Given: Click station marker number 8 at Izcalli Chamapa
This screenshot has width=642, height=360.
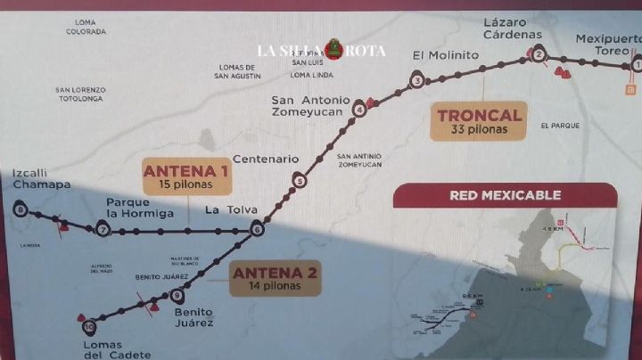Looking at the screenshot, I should click(21, 211).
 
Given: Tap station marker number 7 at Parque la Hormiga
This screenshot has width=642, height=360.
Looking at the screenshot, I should click(103, 230).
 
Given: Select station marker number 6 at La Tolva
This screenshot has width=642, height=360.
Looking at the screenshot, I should click(257, 230).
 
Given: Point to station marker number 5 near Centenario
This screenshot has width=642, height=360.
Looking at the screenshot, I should click(299, 182).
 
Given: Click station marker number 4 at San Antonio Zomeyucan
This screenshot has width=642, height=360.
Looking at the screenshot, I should click(359, 110).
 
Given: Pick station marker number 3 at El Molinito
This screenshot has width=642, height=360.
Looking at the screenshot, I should click(416, 82).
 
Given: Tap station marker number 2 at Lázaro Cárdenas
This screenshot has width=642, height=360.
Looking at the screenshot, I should click(539, 55).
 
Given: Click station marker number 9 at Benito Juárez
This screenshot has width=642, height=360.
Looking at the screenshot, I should click(177, 296).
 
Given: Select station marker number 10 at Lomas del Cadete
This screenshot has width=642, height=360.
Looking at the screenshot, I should click(88, 325).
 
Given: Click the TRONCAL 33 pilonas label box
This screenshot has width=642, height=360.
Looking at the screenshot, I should click(479, 121).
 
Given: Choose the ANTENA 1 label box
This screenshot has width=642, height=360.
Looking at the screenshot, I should click(187, 177).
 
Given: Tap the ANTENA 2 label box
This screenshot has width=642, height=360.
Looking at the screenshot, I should click(276, 278).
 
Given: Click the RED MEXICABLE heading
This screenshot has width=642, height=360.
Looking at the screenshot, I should click(505, 195).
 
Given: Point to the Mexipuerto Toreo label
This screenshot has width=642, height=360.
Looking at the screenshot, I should click(607, 45).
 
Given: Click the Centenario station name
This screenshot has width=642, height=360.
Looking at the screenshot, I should click(265, 159).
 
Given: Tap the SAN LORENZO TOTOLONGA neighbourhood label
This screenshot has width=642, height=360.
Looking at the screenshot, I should click(80, 94).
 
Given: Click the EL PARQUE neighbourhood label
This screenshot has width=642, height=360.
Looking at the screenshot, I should click(560, 126).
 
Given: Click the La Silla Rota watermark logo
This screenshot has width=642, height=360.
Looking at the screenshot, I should click(321, 50).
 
